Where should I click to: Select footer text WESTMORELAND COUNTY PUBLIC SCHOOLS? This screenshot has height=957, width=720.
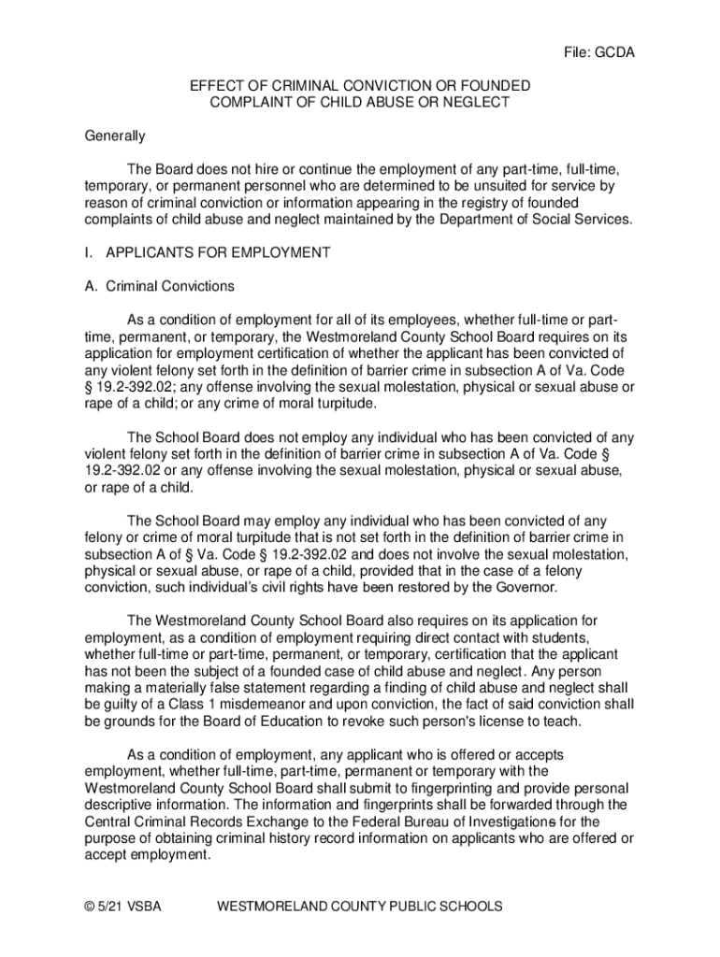[359, 907]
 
